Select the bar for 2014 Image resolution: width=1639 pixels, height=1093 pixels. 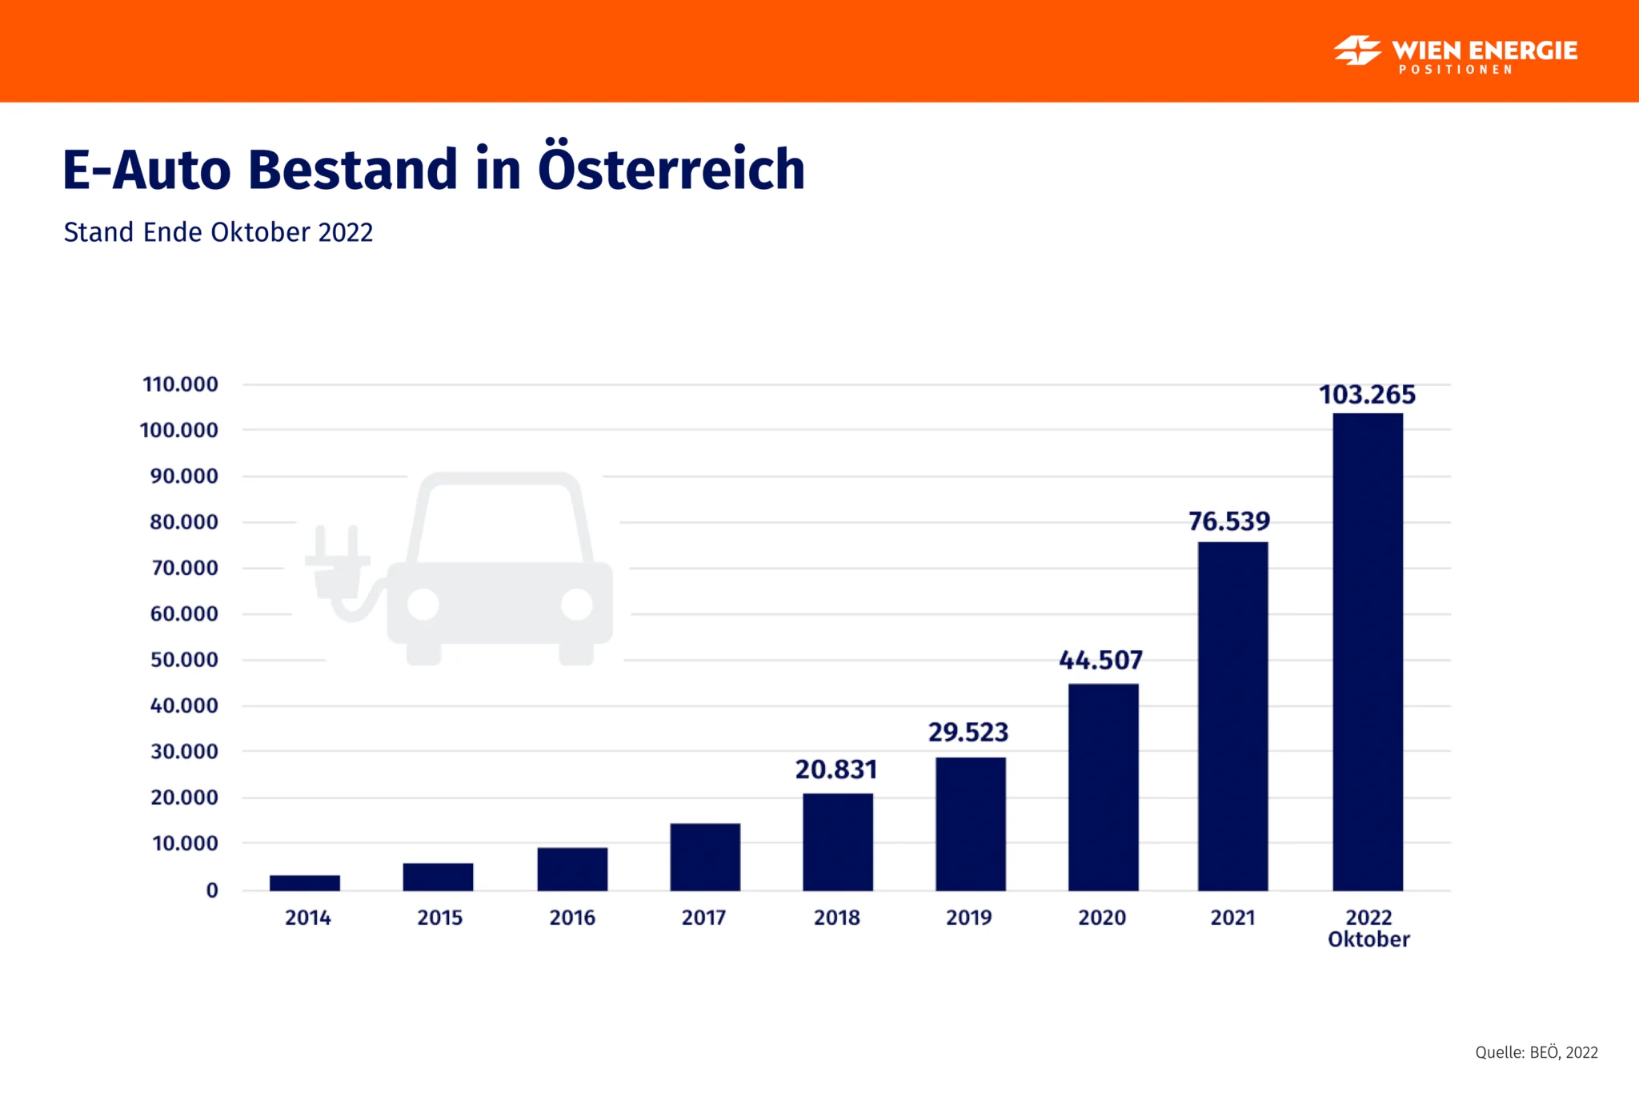pyautogui.click(x=305, y=882)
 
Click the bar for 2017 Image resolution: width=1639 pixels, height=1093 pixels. pyautogui.click(x=705, y=857)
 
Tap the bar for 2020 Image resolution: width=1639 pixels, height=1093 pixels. pyautogui.click(x=1103, y=787)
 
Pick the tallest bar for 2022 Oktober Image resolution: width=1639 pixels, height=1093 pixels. pyautogui.click(x=1368, y=652)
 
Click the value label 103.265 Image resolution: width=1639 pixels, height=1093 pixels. pyautogui.click(x=1367, y=395)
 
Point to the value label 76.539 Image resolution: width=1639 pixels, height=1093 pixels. pyautogui.click(x=1229, y=521)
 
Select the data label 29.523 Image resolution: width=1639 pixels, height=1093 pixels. pyautogui.click(x=968, y=732)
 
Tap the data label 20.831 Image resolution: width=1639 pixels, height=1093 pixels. pyautogui.click(x=836, y=770)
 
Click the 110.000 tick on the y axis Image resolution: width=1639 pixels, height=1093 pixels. pyautogui.click(x=180, y=384)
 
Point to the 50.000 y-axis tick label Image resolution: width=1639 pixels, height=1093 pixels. pyautogui.click(x=184, y=660)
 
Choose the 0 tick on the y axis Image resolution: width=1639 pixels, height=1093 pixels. pyautogui.click(x=212, y=890)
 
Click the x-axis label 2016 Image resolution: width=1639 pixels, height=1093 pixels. pyautogui.click(x=572, y=918)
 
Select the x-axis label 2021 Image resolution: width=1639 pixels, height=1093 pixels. pyautogui.click(x=1232, y=918)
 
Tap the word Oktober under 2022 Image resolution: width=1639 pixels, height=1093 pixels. pyautogui.click(x=1369, y=939)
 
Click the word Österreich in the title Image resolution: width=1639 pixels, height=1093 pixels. pyautogui.click(x=671, y=169)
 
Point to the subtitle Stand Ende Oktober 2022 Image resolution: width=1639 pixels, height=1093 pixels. pyautogui.click(x=218, y=232)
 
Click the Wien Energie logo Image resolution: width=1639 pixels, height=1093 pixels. pyautogui.click(x=1455, y=53)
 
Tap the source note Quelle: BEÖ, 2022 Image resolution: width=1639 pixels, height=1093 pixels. pyautogui.click(x=1536, y=1052)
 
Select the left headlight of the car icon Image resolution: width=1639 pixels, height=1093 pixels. pyautogui.click(x=423, y=605)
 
